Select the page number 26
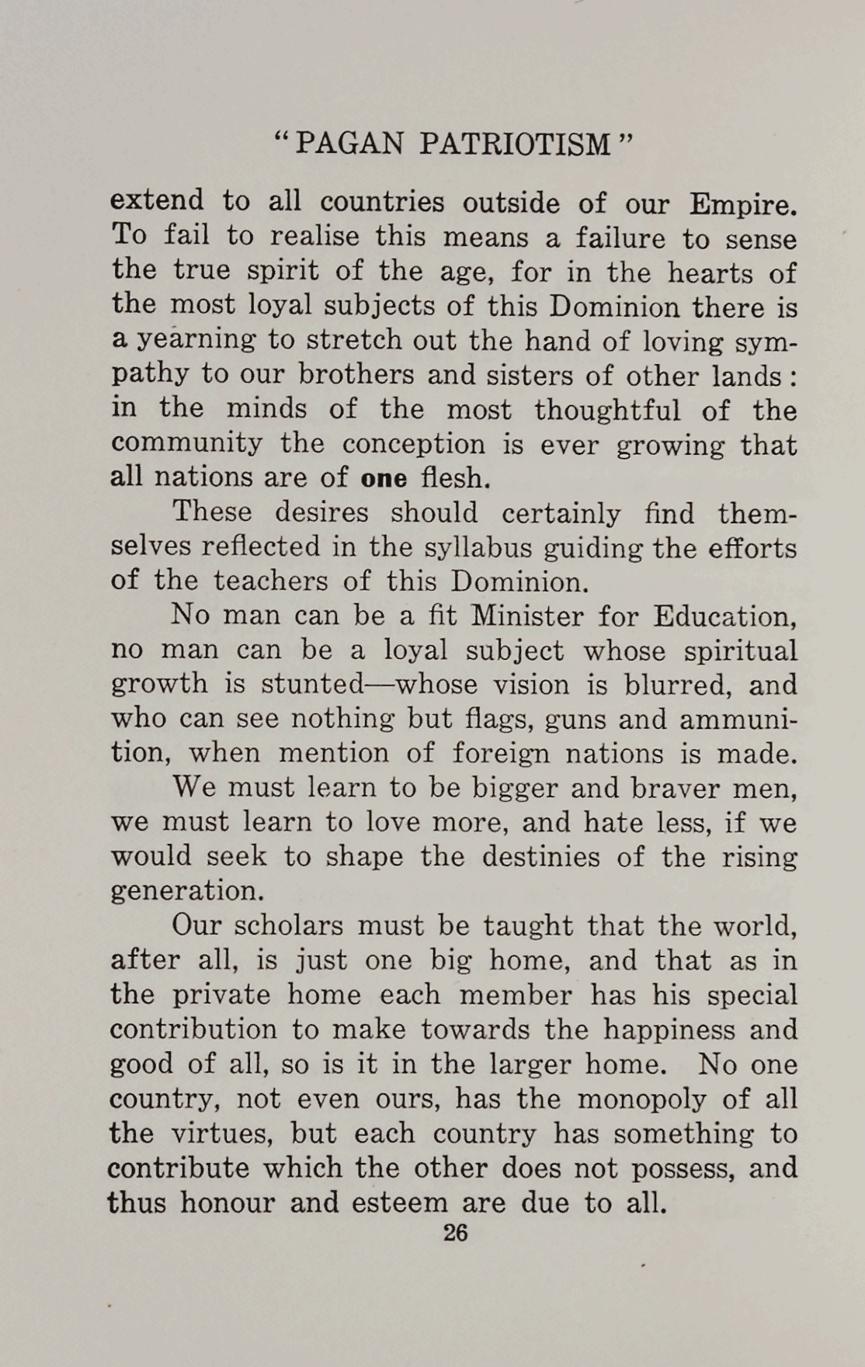coord(455,1233)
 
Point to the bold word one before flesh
coord(384,478)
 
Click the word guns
coord(566,720)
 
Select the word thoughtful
coord(608,410)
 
